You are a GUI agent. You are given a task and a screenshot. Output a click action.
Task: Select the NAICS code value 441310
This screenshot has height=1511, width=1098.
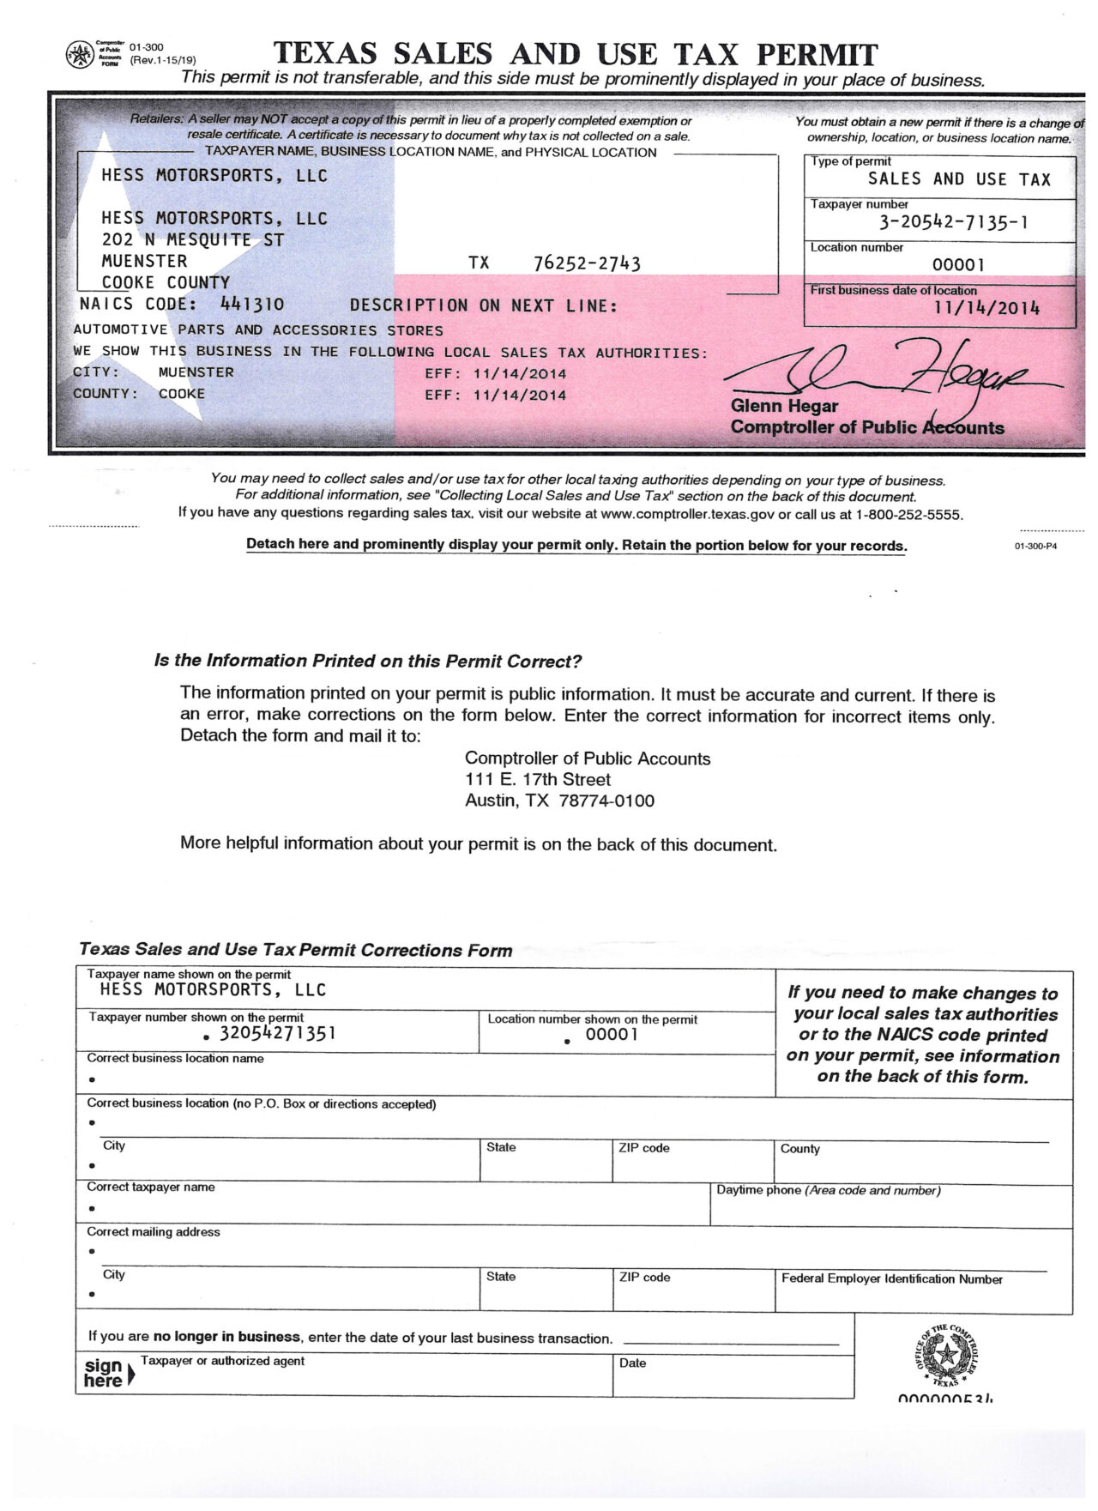click(x=252, y=304)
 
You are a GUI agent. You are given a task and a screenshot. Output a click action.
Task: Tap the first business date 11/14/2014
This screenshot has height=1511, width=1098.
click(x=986, y=308)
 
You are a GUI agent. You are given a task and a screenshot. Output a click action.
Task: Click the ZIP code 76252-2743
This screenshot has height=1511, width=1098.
click(x=587, y=263)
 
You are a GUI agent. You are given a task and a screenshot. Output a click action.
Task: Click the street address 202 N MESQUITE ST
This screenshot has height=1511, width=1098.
click(x=192, y=240)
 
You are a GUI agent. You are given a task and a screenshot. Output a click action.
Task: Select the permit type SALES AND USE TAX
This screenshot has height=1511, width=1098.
click(x=959, y=179)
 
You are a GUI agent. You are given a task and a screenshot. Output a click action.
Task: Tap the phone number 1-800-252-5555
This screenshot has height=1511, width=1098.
click(x=908, y=515)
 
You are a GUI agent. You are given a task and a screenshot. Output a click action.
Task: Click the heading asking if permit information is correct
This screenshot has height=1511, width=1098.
click(x=368, y=662)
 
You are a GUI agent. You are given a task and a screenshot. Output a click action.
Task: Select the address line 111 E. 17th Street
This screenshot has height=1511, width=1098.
click(x=537, y=780)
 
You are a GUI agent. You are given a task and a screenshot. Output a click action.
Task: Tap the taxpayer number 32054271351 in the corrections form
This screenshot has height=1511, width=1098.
click(x=277, y=1033)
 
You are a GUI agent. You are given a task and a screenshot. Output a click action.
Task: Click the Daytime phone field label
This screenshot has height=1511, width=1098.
click(x=828, y=1191)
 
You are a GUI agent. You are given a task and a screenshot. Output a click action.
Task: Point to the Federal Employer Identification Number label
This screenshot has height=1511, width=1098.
click(x=891, y=1279)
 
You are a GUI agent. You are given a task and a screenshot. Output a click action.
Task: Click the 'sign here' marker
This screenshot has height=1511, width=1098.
click(x=106, y=1374)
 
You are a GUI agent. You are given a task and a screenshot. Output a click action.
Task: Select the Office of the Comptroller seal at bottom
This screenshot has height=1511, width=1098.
click(x=946, y=1357)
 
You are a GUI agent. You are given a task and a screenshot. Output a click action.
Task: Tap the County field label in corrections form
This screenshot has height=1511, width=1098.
click(x=799, y=1149)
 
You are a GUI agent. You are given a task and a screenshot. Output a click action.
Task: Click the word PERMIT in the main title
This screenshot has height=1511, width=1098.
click(x=817, y=55)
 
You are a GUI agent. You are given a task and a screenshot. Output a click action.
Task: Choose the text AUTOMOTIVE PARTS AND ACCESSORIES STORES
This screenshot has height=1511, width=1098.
click(x=258, y=330)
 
